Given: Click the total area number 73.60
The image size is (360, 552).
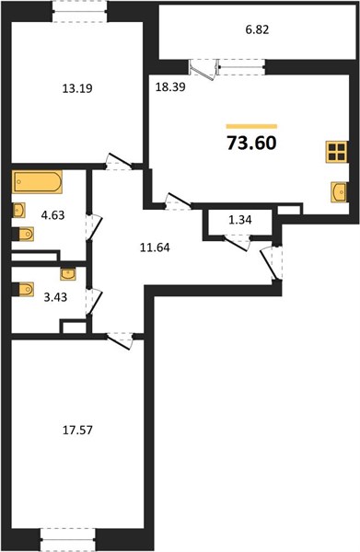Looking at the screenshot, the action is point(251,143).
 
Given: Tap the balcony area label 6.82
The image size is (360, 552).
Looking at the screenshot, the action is point(257,29).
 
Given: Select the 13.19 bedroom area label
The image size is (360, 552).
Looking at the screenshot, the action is point(77,88).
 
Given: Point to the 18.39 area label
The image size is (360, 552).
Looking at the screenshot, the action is point(170,87).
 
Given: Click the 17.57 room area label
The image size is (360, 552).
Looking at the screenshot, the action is point(77,430).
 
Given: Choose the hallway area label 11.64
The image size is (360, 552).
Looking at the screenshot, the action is point(155,247).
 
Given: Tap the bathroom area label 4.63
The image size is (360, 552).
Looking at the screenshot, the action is point(52,214).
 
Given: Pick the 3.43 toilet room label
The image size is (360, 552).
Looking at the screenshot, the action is point(55,297).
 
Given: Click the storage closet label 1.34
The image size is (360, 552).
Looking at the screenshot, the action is point(240,220).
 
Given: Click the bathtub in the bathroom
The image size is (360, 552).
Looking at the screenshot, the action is point(38,181).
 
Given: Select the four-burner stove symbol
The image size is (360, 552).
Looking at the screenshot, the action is point(337,152).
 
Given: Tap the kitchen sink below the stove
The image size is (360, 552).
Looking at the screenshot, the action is point(339,192).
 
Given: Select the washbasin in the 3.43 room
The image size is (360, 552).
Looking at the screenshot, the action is point(67,274).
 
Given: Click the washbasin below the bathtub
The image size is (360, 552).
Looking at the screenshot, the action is point(18,210).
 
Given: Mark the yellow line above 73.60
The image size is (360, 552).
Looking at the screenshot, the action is point(251,126).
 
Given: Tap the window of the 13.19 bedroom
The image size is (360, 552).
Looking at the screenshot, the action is point(80,12).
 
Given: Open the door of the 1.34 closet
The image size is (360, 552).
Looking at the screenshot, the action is point(237,243).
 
